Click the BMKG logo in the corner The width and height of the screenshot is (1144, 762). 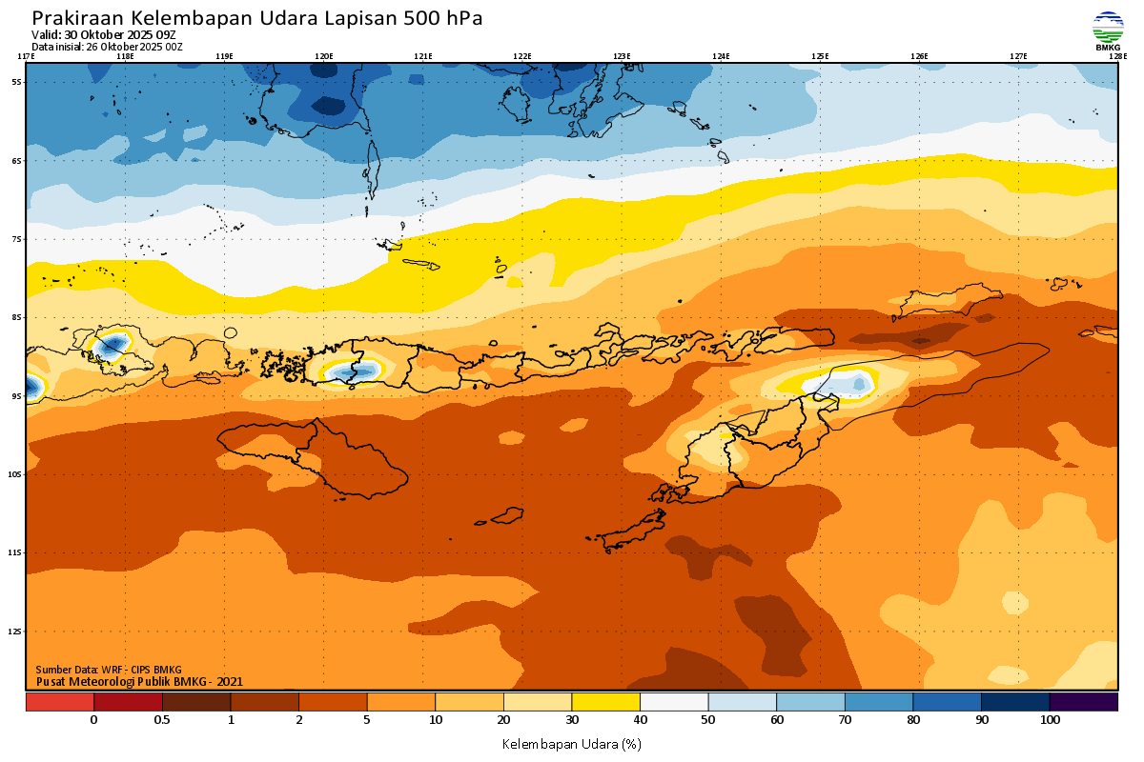(1107, 30)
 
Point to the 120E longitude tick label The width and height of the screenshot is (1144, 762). (324, 56)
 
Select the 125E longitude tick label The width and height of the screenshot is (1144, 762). (820, 56)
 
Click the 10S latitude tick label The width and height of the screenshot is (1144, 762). (16, 474)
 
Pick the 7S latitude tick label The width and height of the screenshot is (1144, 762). (16, 239)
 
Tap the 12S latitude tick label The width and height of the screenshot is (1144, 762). (16, 632)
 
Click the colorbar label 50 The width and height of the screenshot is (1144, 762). (708, 720)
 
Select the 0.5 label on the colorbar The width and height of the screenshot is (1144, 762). (162, 720)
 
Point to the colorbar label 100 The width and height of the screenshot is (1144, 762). (1050, 720)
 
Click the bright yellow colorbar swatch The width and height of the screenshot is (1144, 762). (605, 702)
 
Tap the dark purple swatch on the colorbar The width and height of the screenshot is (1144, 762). (1084, 702)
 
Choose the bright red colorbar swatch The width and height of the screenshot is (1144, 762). (59, 702)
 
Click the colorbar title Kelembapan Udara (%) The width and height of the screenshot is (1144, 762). (572, 743)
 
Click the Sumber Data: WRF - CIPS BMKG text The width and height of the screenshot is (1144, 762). (108, 670)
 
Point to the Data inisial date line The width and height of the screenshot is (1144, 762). (106, 46)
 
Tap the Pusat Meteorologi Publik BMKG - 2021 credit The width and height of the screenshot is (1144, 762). (139, 681)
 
